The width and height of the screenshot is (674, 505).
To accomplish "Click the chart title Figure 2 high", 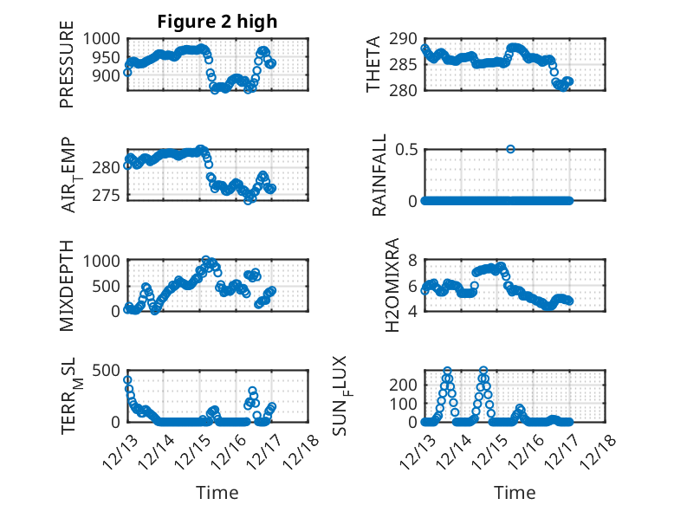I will pos(217,22).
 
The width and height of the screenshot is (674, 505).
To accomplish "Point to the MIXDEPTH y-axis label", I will pos(67,284).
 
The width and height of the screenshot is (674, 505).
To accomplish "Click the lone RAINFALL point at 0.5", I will pos(511,149).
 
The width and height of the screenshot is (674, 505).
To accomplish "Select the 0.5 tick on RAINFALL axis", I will pos(405,149).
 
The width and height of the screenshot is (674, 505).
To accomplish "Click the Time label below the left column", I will pos(217,492).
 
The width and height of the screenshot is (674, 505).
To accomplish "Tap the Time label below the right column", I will pos(515,492).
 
